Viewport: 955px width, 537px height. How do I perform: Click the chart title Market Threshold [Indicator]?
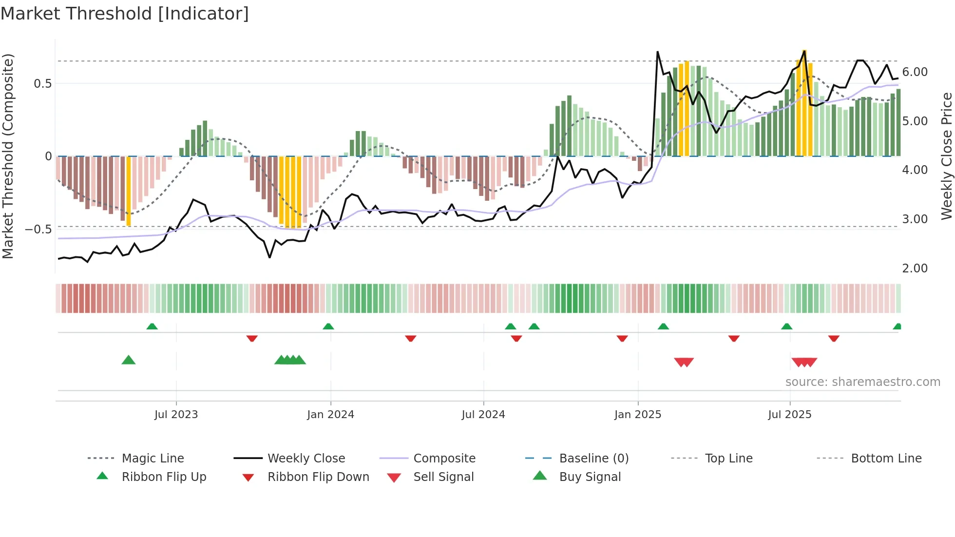[125, 14]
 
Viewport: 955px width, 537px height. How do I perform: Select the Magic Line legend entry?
[153, 458]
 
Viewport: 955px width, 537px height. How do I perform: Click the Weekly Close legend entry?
[306, 458]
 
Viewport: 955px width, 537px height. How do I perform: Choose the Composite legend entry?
[444, 458]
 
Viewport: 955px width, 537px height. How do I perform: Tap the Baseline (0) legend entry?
[593, 458]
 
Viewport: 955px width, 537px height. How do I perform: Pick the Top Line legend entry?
[728, 458]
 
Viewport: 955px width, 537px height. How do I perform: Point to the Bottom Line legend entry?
[886, 458]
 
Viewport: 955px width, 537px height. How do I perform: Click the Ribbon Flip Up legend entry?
[164, 477]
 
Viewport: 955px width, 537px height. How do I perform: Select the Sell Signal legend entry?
[443, 477]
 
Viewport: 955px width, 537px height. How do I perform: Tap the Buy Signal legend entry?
[590, 477]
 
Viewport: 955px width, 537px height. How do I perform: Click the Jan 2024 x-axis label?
[330, 415]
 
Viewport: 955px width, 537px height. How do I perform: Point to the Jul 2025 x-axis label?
[789, 415]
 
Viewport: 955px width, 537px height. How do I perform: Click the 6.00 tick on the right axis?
[915, 72]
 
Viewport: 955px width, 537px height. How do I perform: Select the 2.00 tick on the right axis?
[915, 268]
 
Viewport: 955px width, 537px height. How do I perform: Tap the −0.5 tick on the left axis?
[38, 229]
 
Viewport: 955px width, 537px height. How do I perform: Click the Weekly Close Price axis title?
[946, 156]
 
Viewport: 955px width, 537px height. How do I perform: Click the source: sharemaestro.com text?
[862, 382]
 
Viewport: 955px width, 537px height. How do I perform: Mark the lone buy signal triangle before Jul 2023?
[129, 360]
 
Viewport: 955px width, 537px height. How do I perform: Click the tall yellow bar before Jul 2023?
[129, 191]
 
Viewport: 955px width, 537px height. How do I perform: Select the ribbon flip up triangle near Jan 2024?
[328, 326]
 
